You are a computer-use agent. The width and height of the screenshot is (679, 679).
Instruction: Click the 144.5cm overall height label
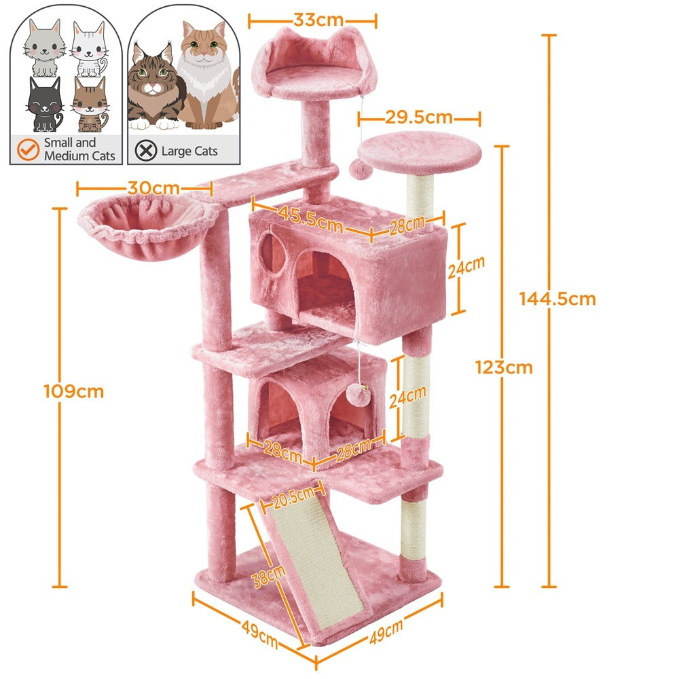point(557,299)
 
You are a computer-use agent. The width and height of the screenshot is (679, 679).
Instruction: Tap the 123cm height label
point(504,367)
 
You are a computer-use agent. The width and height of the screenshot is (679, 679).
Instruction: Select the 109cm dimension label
point(73,392)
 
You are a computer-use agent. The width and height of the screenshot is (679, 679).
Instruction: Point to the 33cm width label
point(318,20)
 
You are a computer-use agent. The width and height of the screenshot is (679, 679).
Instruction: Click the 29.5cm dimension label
point(419,117)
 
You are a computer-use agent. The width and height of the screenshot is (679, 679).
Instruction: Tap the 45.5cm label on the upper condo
point(310,219)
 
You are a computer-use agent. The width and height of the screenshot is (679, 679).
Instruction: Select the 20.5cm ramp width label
point(293,498)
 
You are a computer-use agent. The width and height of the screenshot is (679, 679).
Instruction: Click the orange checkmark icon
point(28,149)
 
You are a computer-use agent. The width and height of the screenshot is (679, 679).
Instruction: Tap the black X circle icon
point(146,151)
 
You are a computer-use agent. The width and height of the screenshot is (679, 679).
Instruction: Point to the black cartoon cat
point(45,105)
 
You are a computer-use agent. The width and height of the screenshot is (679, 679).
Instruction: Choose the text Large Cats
point(189,151)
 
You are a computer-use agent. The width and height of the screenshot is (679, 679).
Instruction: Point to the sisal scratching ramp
point(316,562)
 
